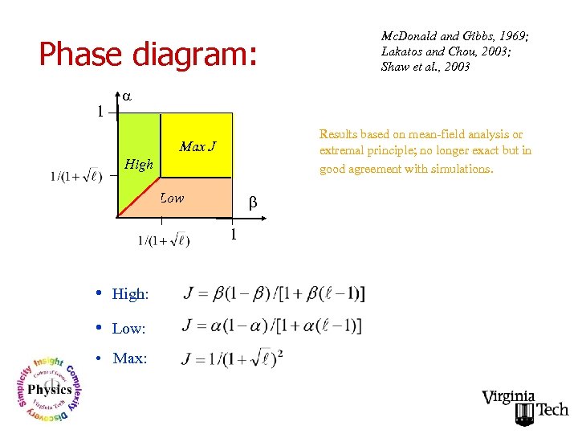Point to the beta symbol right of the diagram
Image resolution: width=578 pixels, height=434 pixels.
pos(251,204)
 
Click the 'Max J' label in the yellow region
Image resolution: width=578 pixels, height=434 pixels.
pos(197,146)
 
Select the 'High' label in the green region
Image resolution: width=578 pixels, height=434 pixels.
pos(138,165)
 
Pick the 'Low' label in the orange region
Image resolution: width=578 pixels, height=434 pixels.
pos(172,198)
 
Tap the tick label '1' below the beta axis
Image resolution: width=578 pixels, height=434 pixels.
pos(233,235)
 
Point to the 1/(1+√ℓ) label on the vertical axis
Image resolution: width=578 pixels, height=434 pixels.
pos(75,177)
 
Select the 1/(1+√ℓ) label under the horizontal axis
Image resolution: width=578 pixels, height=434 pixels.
pos(163,240)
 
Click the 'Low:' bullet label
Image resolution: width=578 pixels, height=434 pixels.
pos(128,329)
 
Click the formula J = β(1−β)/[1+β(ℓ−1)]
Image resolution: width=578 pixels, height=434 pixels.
pos(274,293)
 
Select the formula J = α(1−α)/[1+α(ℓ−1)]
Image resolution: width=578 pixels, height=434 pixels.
pos(272,325)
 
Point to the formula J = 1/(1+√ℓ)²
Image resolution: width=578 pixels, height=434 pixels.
pos(233,358)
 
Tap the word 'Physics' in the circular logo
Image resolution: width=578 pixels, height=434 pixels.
pos(50,390)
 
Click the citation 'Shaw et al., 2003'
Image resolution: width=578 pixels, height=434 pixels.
pos(425,67)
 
